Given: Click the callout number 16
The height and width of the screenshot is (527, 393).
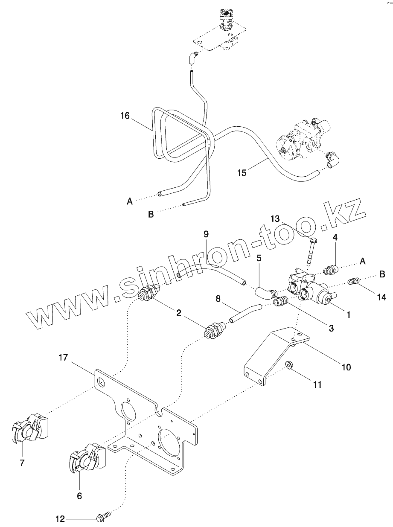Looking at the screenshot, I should (125, 116).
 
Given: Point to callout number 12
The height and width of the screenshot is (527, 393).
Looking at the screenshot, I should (61, 519).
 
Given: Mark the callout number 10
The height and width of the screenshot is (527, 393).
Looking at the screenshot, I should (346, 366).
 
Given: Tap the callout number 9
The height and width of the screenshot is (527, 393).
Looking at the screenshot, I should (206, 233).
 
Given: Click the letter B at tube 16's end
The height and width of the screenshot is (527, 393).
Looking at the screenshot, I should (151, 214).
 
